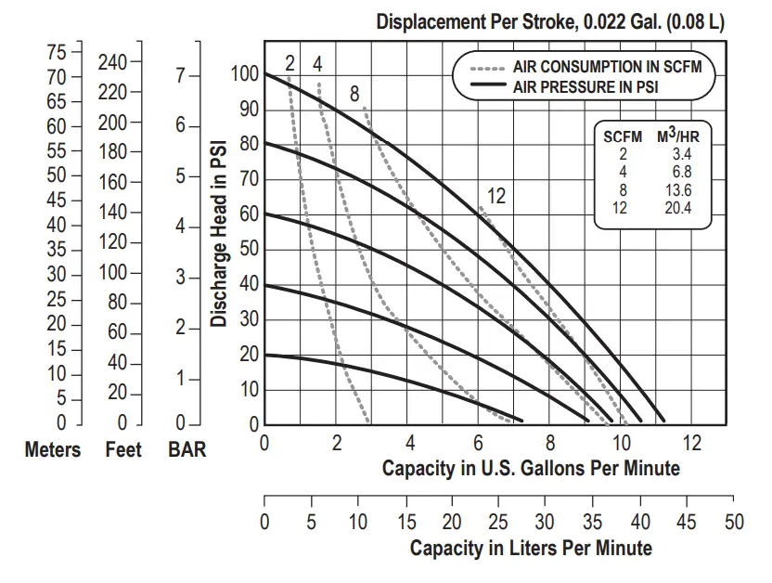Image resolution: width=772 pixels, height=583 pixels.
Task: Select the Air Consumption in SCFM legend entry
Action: pos(607,68)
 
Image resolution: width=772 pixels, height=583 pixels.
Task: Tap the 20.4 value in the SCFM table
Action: pos(679,208)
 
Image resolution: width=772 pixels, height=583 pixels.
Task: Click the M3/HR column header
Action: pos(679,136)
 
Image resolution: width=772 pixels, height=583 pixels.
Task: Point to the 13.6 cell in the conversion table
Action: pos(679,190)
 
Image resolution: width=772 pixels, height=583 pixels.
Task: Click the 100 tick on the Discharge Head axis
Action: pos(243,73)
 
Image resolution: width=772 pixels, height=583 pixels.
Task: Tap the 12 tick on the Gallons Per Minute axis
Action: pos(692,443)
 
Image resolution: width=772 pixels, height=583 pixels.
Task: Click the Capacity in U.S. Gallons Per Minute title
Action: pos(531,468)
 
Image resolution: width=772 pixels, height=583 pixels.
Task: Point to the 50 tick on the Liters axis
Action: pos(734,523)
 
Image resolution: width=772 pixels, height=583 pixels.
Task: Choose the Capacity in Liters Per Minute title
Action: pos(531,548)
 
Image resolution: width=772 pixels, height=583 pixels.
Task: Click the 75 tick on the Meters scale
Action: pos(57,51)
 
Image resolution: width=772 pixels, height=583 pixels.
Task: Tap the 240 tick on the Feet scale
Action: pos(112,63)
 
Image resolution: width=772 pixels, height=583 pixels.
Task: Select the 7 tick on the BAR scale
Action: pos(180,76)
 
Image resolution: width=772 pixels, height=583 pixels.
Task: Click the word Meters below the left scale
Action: pos(53,450)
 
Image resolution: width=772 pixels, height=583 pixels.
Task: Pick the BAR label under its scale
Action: pos(187,450)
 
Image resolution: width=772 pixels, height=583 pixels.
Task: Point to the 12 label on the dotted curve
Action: pos(496,196)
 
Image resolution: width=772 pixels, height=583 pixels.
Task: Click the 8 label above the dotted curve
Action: pos(354,94)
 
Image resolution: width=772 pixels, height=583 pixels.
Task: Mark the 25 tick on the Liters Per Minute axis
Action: pos(499,523)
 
